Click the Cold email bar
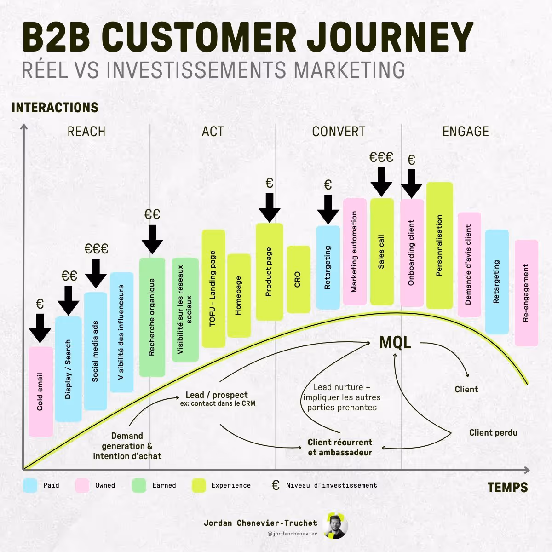tap(40, 391)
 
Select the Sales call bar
tap(382, 252)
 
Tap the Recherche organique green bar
tap(152, 317)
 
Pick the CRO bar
tap(298, 279)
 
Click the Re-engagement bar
tap(526, 293)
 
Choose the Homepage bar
tap(239, 295)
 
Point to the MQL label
tap(395, 343)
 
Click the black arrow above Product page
tap(270, 207)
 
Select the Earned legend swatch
tap(139, 486)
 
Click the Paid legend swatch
tap(30, 486)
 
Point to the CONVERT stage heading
tap(339, 132)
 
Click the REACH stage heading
tap(86, 132)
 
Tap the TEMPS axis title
tap(507, 488)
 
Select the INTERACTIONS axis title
tap(55, 108)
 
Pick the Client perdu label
tap(493, 432)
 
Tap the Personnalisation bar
tap(439, 246)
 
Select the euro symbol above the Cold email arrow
tap(40, 304)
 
